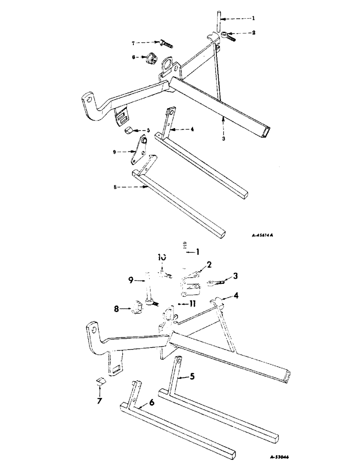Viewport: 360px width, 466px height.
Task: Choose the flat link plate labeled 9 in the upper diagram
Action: tap(139, 150)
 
